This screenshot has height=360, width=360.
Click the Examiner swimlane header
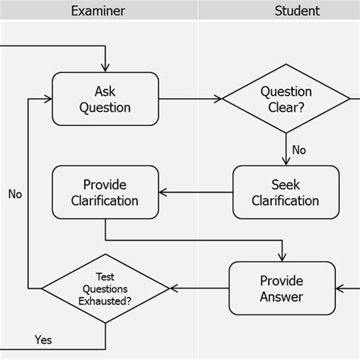click(98, 11)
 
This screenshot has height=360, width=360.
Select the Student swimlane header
click(297, 11)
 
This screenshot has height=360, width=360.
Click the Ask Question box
click(105, 99)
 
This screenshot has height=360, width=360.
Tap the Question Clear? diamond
click(286, 99)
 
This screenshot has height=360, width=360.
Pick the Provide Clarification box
click(105, 193)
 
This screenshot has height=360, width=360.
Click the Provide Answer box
click(282, 288)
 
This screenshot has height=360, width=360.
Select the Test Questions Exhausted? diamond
click(105, 289)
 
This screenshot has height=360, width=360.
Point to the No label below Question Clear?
click(299, 150)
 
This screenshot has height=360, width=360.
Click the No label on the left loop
click(15, 194)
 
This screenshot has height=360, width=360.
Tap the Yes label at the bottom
click(43, 339)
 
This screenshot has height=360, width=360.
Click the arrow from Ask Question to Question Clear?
click(190, 99)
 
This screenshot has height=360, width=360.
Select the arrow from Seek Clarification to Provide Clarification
click(195, 193)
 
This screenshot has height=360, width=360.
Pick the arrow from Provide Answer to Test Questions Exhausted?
click(199, 289)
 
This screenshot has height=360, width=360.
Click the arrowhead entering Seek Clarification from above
click(286, 160)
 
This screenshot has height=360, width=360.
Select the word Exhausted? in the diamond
click(105, 301)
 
